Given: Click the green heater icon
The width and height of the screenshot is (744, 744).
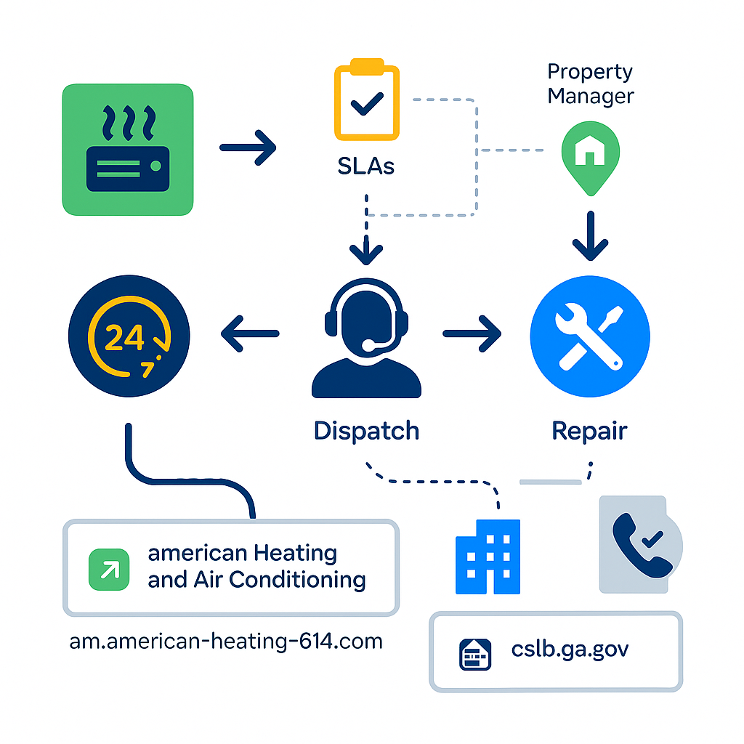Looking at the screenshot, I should [x=128, y=150].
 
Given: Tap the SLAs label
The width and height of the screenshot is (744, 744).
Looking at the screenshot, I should [x=366, y=166].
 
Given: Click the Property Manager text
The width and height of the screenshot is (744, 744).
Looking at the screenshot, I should [x=590, y=84].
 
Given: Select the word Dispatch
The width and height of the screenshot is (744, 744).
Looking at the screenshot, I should [x=366, y=430].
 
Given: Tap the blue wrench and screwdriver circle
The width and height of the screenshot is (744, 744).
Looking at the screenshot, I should [x=589, y=336].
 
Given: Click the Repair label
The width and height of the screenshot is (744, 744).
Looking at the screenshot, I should [x=589, y=430].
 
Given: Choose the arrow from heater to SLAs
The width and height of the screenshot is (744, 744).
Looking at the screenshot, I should [x=248, y=148].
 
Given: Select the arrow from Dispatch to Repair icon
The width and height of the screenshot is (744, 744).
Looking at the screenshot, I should [x=472, y=334].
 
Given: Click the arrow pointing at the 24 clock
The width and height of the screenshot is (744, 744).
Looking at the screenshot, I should [x=249, y=334].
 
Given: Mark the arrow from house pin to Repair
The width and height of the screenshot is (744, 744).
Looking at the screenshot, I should [x=589, y=237].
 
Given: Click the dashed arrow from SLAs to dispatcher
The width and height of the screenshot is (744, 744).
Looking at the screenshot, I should [x=366, y=232].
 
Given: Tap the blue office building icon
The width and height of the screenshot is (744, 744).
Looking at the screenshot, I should [x=487, y=556].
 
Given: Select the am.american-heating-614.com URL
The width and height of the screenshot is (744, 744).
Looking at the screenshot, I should [x=226, y=642].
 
